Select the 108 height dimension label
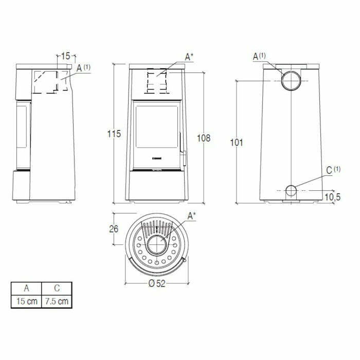click(204, 138)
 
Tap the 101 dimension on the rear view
click(236, 143)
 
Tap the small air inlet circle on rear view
click(291, 191)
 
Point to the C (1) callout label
click(333, 170)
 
